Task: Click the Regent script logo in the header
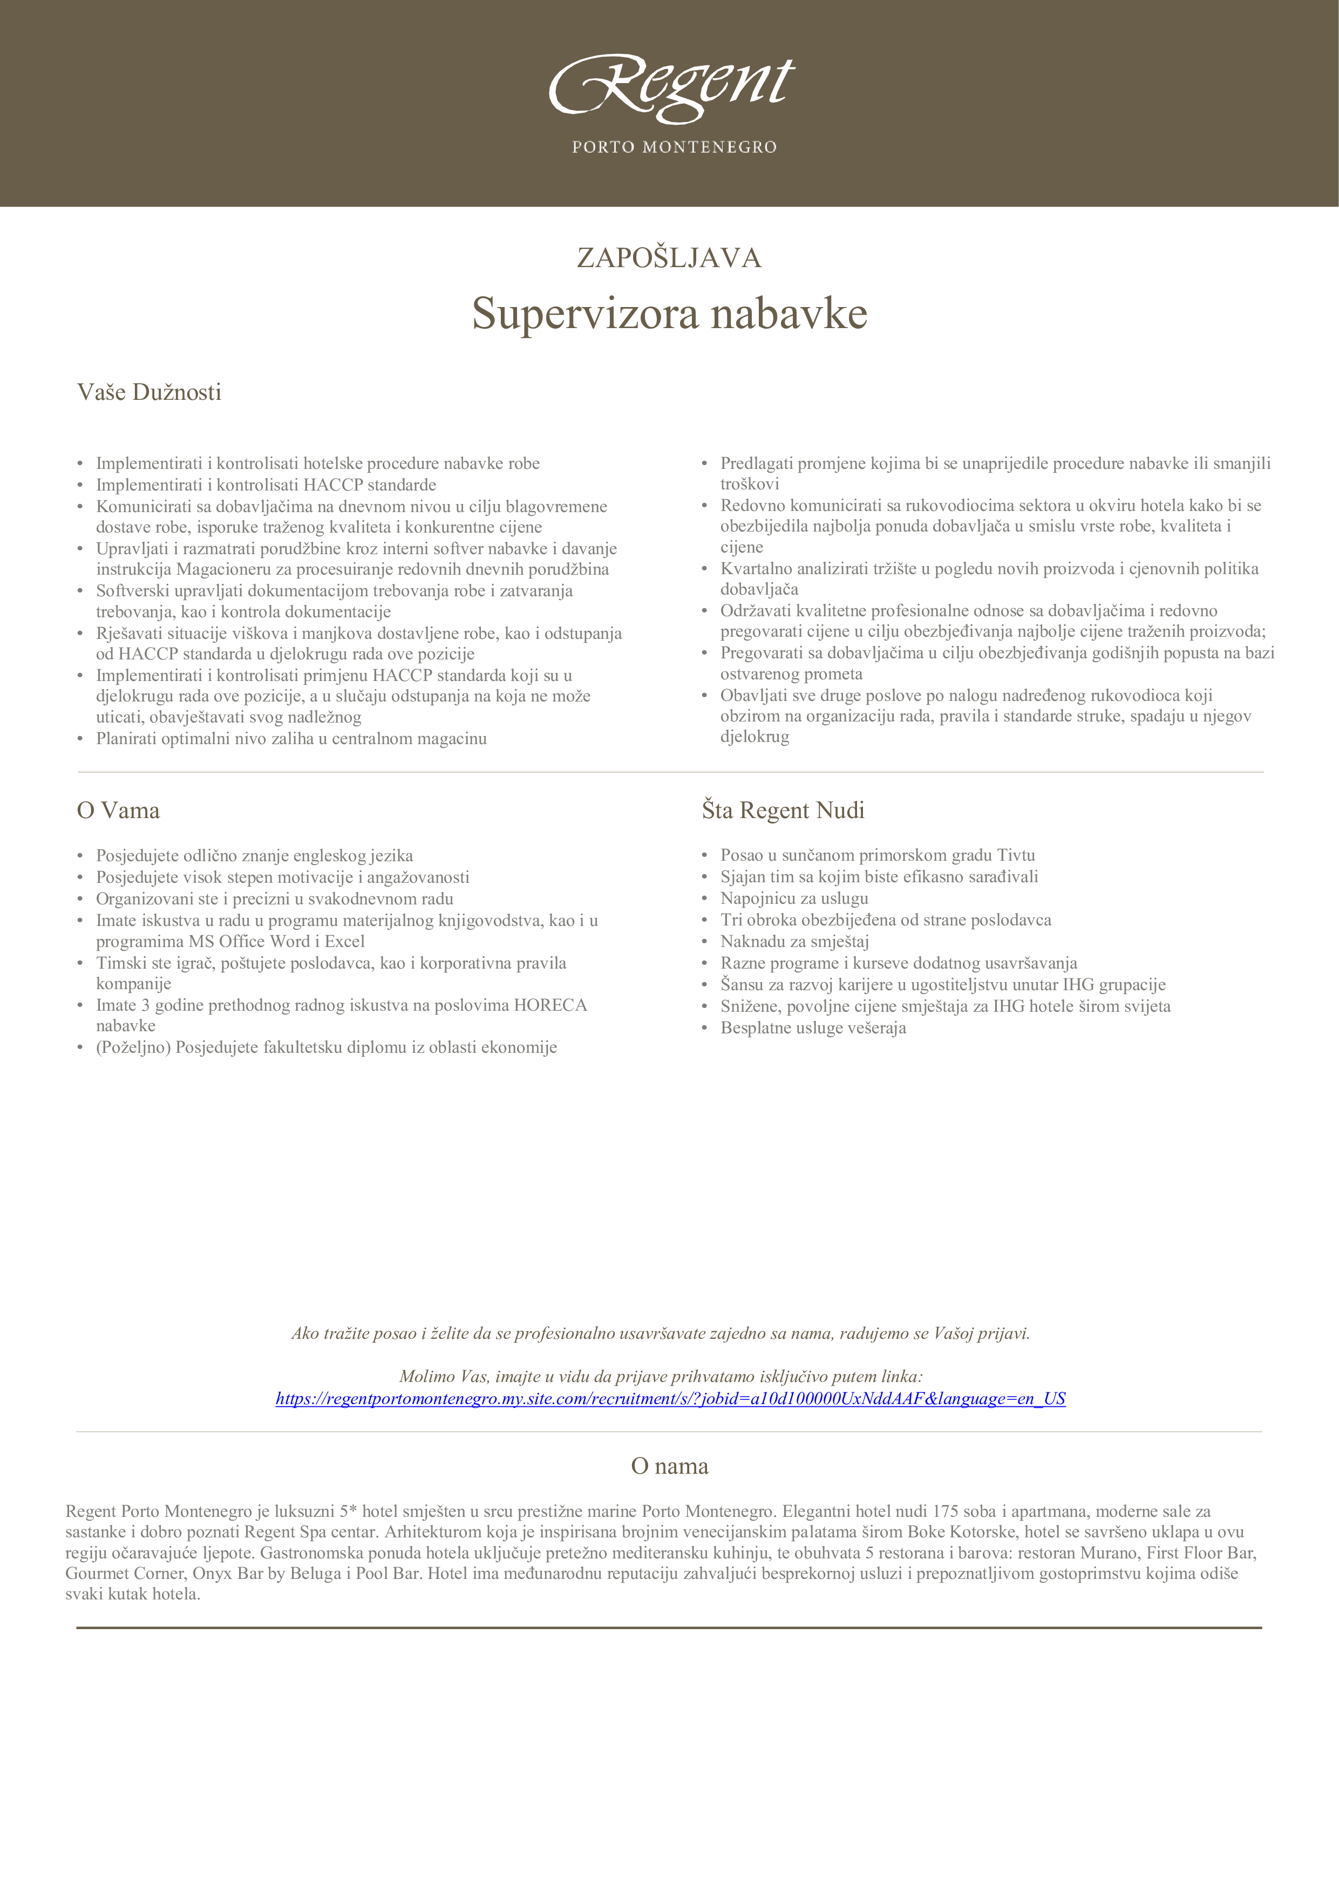(671, 85)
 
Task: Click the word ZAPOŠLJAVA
(669, 258)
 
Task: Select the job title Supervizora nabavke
(669, 314)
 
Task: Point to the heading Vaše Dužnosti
(149, 392)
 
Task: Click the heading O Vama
(118, 811)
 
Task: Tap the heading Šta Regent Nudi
(783, 811)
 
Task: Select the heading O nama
(669, 1466)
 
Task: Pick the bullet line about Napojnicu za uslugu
(793, 898)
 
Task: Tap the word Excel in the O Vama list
(345, 942)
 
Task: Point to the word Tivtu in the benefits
(1015, 855)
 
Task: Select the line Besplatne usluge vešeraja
(812, 1028)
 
